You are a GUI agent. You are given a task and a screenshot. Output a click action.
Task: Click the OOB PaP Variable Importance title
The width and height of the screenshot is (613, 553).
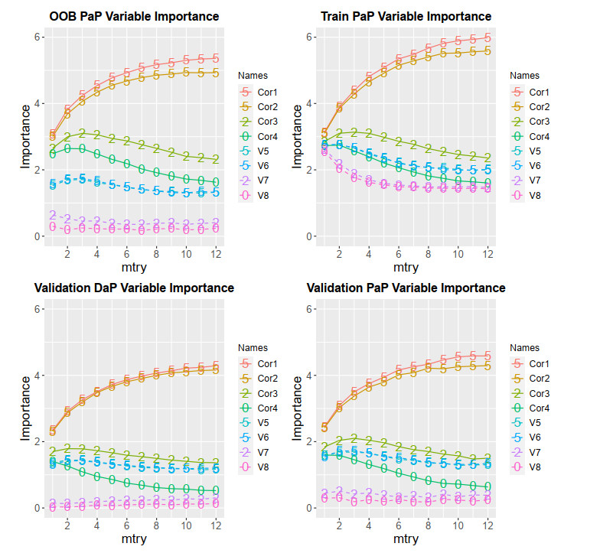[134, 16]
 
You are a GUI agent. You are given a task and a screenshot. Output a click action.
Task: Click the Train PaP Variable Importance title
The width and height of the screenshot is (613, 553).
[406, 16]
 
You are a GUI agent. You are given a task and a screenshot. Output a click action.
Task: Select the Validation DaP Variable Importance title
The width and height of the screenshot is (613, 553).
[134, 288]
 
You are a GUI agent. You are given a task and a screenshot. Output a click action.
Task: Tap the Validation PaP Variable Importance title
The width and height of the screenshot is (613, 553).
[406, 288]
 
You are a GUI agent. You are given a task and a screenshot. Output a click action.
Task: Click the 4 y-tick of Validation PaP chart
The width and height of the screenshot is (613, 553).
[309, 376]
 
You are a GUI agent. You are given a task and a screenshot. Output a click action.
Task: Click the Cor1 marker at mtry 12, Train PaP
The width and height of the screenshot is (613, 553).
[487, 37]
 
